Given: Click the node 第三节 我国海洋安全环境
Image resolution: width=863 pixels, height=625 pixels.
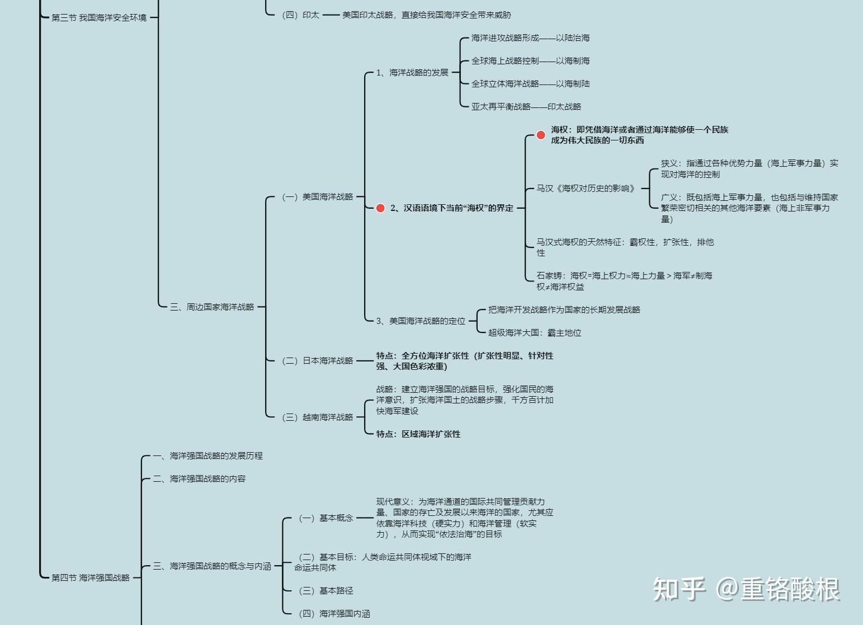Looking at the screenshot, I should (x=99, y=18).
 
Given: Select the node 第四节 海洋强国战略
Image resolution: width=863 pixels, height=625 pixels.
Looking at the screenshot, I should (x=91, y=577).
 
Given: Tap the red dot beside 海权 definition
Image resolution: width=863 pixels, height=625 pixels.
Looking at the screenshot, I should (x=541, y=135).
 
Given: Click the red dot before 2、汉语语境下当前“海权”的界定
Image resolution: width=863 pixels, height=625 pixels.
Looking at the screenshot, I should (x=380, y=208).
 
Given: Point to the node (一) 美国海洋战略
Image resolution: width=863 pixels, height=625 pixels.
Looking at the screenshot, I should (x=318, y=197).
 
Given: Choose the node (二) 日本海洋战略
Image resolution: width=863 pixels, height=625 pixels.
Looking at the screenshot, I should (x=318, y=361).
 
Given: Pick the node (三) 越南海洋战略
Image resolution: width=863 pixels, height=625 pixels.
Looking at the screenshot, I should (x=318, y=417).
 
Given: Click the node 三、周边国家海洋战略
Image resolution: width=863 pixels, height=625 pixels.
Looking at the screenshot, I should (x=212, y=307).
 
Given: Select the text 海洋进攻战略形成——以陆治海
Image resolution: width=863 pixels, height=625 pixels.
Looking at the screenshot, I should (x=530, y=38).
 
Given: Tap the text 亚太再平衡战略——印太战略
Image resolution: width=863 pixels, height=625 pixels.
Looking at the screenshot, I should (x=526, y=107).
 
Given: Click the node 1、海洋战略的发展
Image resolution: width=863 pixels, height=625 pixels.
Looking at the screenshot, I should (x=412, y=73).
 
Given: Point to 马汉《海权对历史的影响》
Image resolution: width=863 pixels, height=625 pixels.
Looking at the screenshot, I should (x=586, y=189).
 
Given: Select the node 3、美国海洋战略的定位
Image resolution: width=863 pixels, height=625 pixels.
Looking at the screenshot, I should (x=421, y=321).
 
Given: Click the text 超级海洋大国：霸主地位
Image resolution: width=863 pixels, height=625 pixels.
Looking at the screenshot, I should (x=535, y=333).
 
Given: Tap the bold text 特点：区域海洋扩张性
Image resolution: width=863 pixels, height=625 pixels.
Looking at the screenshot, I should (x=418, y=434).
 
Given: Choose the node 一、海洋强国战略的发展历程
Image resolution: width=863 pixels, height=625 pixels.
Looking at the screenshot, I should (x=208, y=456).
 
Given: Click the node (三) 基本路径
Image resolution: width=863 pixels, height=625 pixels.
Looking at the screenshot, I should (x=326, y=591).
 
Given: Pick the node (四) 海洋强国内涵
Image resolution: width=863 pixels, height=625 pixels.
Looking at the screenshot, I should (x=334, y=614).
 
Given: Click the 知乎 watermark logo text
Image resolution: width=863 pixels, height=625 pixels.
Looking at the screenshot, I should (x=679, y=589).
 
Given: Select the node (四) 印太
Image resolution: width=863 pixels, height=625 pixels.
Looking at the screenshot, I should (x=301, y=15).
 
